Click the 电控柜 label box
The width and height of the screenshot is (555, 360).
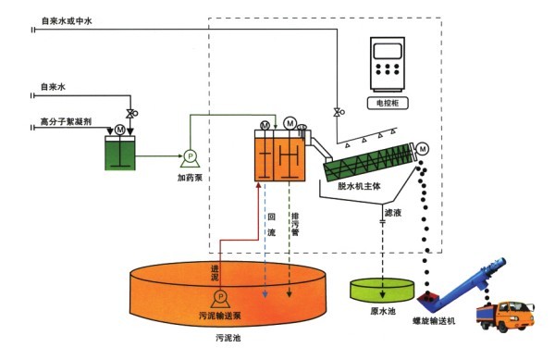pos(388,103)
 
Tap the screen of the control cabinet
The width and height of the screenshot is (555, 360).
pos(388,51)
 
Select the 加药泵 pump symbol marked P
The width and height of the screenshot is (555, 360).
pos(190,158)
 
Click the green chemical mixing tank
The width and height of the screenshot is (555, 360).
pos(120,153)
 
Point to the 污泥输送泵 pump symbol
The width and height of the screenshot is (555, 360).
pos(220,299)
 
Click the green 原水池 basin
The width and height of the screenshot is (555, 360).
pos(382,290)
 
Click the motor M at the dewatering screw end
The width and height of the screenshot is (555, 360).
pos(423,149)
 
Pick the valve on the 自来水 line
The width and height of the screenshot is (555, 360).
pos(130,114)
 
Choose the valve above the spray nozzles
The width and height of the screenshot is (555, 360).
pos(337,112)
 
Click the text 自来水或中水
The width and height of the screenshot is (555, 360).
pos(67,21)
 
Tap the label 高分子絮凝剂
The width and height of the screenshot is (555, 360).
pos(66,122)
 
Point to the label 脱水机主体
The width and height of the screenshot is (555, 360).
pos(359,186)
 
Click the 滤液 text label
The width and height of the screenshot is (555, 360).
pos(393,212)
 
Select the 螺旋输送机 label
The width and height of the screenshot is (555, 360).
pos(434,321)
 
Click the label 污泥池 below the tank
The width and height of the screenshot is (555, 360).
pos(228,338)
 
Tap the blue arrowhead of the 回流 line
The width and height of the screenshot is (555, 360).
pos(265,293)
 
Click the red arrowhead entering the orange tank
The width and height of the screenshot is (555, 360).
pos(259,185)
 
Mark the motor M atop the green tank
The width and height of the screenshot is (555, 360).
pos(120,130)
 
